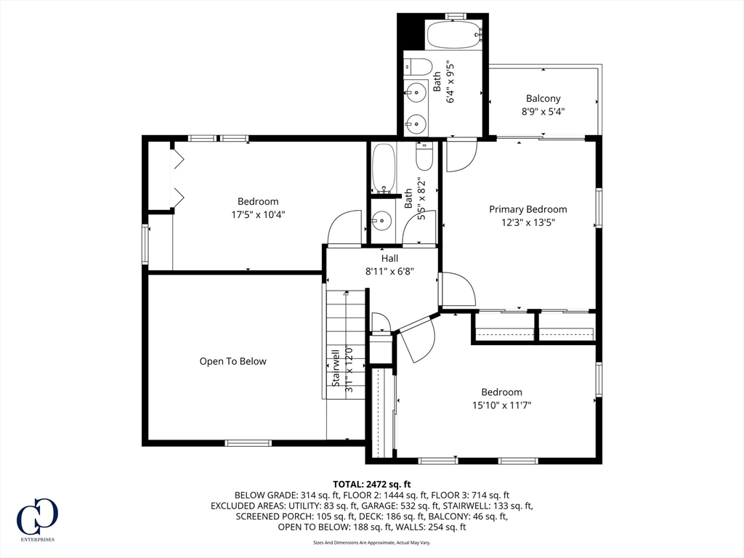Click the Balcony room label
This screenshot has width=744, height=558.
(x=543, y=99)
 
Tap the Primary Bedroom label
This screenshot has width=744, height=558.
(x=527, y=209)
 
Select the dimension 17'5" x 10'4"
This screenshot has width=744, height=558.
(x=258, y=214)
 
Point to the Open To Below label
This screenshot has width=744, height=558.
(x=232, y=361)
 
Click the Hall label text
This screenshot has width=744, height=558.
(x=389, y=259)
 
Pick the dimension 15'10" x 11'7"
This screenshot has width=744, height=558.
(x=501, y=405)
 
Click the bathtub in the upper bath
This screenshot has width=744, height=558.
(x=454, y=34)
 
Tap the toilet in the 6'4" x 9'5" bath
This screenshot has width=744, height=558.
(x=418, y=66)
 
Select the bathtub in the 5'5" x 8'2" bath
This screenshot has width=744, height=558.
(x=384, y=168)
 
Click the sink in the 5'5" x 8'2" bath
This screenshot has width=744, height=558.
(x=380, y=221)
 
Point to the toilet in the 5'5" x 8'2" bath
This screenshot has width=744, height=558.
(x=424, y=156)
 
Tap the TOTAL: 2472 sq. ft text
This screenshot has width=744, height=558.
(x=371, y=485)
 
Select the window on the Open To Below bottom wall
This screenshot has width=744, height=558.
(x=248, y=443)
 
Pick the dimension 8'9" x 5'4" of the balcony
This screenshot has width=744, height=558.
(x=543, y=112)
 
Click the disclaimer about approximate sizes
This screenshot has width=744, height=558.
(x=371, y=542)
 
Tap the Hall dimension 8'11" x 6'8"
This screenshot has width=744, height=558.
(x=389, y=272)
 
